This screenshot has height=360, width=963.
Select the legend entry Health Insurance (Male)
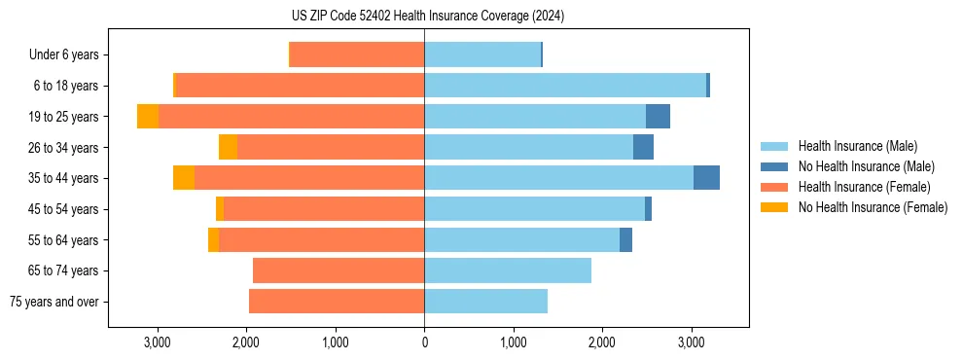pos(857,146)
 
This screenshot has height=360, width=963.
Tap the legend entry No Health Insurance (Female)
pos(873,207)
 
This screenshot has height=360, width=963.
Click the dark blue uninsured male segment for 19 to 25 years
pos(658,116)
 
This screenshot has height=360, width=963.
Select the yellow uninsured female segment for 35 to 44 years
pos(184,178)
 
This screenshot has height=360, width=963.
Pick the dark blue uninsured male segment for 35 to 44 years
pos(706,178)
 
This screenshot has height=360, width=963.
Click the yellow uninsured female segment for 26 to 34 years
pos(228,147)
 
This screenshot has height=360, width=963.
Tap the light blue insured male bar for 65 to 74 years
pos(508,270)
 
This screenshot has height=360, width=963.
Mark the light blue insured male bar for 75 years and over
pos(485,302)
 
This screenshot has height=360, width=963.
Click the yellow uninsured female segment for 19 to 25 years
pos(148,116)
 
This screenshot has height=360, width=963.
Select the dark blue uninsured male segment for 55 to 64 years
pos(625,239)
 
